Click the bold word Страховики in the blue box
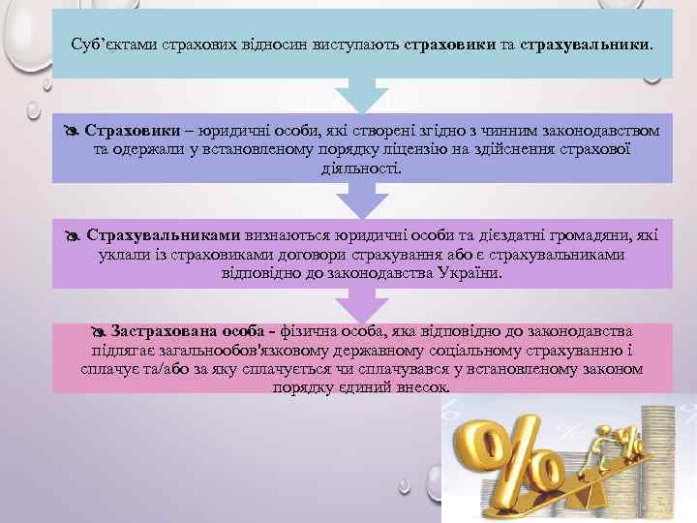click(x=132, y=131)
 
